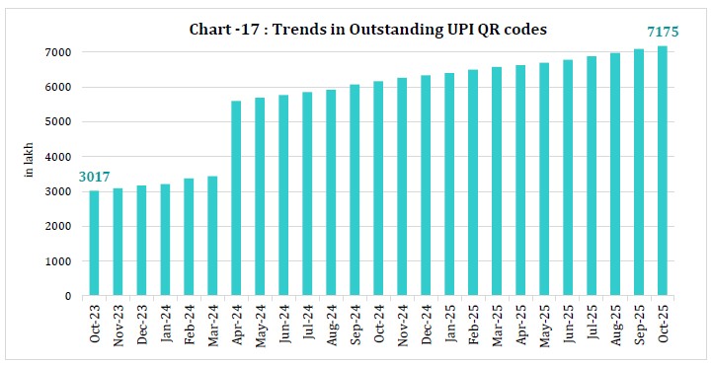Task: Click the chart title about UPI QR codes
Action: coord(367,30)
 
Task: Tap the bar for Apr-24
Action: coord(237,198)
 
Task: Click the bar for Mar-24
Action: coord(213,236)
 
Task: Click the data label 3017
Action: coord(95,178)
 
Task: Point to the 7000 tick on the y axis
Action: coord(62,52)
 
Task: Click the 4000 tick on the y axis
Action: coord(62,157)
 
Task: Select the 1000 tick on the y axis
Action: coord(62,261)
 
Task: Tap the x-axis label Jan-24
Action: coord(166,324)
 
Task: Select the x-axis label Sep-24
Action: coord(356,324)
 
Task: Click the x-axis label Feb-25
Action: coord(474,324)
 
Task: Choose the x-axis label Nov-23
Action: coord(119,324)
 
